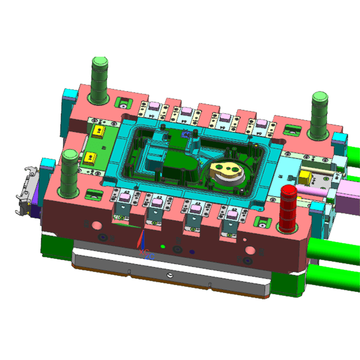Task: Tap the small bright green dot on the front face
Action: pyautogui.click(x=162, y=247)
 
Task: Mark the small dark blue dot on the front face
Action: pyautogui.click(x=192, y=252)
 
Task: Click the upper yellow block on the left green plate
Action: pyautogui.click(x=97, y=132)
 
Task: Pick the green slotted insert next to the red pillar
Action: pyautogui.click(x=262, y=221)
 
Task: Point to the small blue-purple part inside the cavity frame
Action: pyautogui.click(x=185, y=133)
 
